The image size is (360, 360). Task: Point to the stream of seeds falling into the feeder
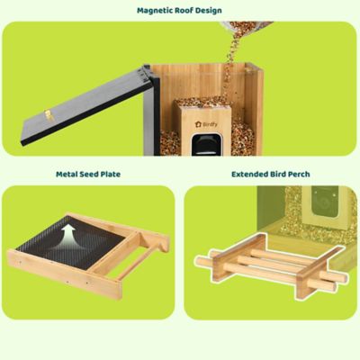click(230, 63)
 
